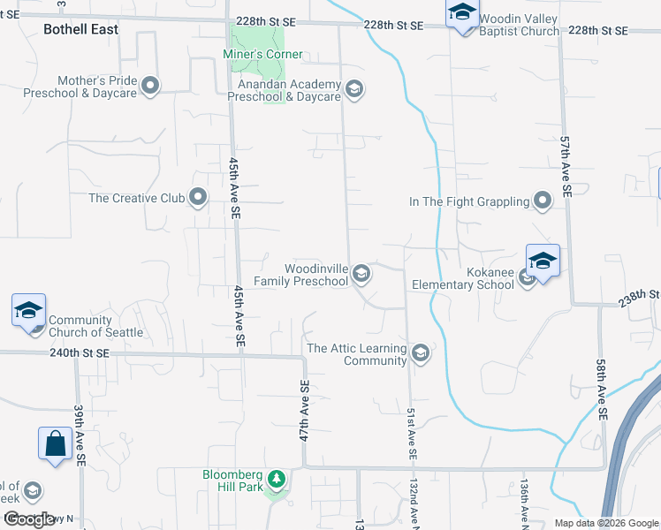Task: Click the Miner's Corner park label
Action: click(266, 55)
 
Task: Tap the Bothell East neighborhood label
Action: click(80, 28)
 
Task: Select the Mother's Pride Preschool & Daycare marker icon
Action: click(150, 86)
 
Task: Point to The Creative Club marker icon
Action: click(198, 198)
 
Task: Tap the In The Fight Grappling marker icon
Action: click(543, 201)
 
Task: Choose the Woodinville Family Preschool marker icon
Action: click(361, 274)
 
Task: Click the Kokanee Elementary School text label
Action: click(463, 279)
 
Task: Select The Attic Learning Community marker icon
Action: click(420, 353)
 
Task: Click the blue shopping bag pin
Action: click(55, 444)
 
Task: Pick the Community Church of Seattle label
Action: click(95, 327)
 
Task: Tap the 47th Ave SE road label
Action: click(304, 411)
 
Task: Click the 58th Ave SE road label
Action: click(601, 390)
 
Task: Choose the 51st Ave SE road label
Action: click(412, 434)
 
